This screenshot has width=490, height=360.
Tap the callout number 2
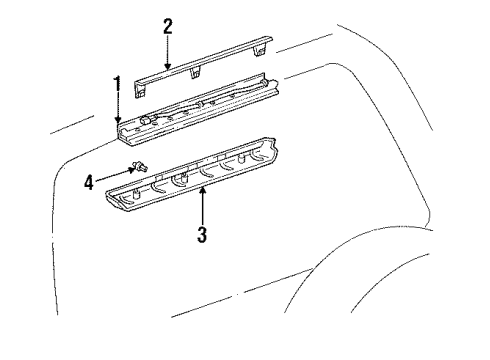(168, 27)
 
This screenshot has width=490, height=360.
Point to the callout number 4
(89, 182)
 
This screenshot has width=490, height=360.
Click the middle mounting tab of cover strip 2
(196, 73)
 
